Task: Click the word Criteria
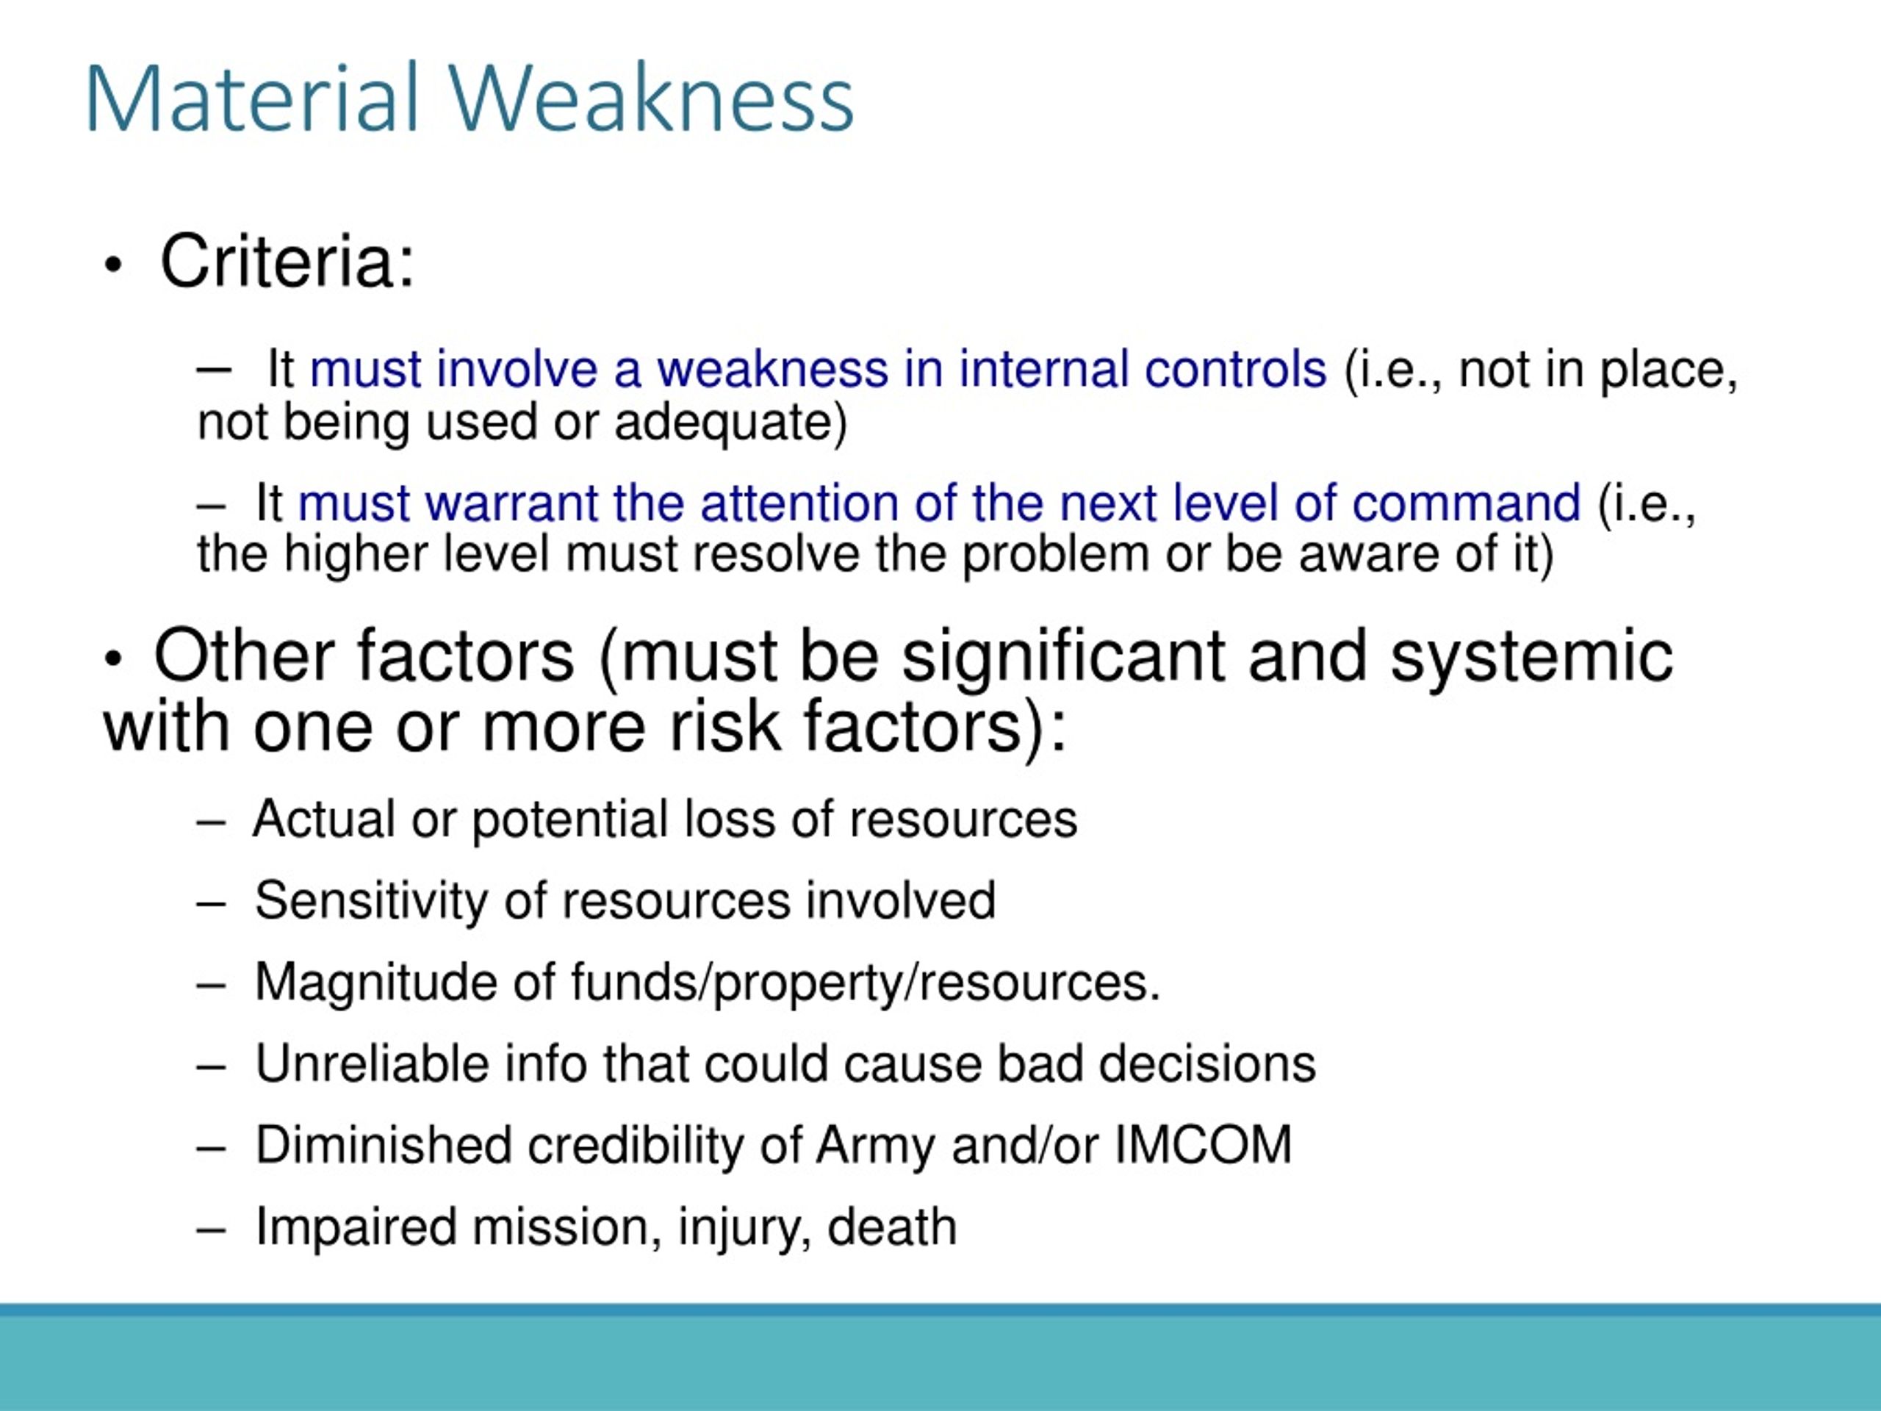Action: tap(287, 262)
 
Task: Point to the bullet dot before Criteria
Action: tap(113, 265)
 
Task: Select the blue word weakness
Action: tap(772, 370)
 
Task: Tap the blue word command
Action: tap(1466, 503)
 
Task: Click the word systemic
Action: tap(1531, 656)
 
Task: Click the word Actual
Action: tap(324, 819)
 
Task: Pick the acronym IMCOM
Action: tap(1202, 1146)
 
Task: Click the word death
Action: tap(892, 1227)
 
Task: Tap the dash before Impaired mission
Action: tap(210, 1229)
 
